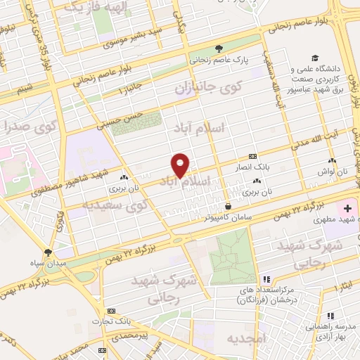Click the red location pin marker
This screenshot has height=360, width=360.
(181, 165)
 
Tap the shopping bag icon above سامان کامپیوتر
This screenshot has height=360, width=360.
(229, 206)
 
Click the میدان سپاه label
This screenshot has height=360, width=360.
(47, 264)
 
